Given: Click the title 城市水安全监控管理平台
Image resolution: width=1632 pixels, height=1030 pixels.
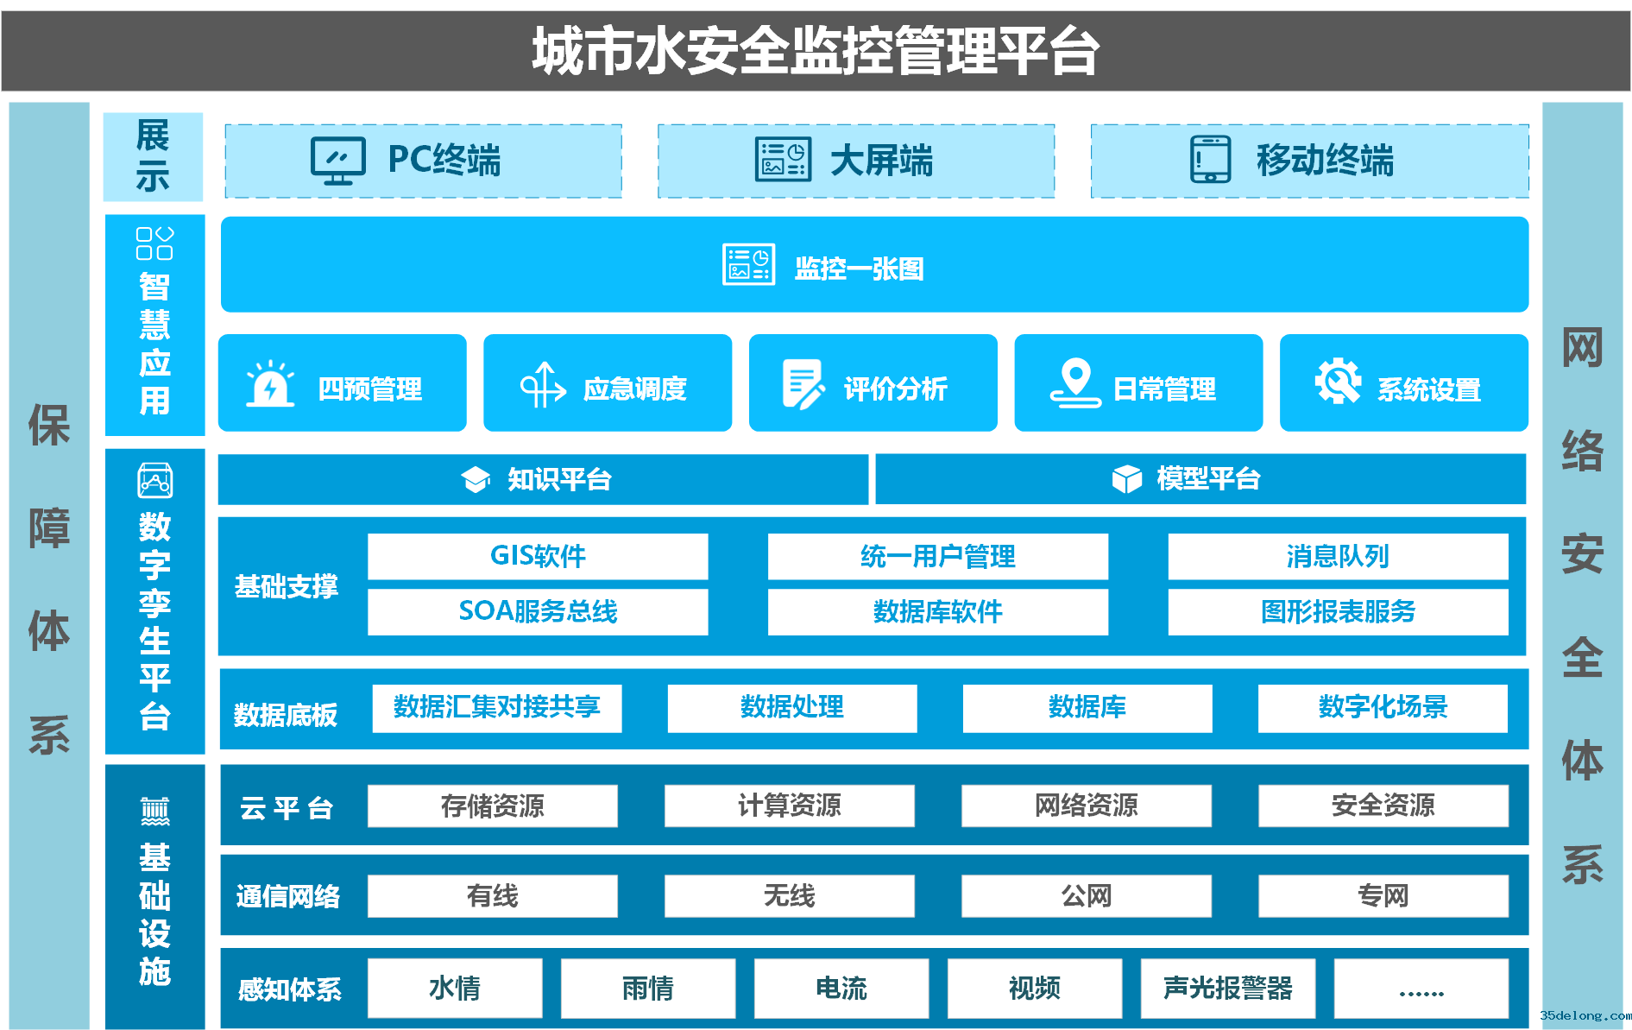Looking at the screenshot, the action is coord(816,50).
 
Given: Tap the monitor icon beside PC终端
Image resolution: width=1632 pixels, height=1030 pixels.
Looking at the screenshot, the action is coord(337,161).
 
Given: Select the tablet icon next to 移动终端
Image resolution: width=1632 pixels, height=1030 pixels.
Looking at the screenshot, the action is coord(1211,160).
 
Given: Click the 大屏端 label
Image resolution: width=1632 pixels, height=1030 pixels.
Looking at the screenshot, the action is coord(881,161).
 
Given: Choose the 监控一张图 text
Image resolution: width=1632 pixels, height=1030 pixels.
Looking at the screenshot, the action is coord(859,269).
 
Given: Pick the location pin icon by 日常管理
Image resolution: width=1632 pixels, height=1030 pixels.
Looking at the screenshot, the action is coord(1075,382).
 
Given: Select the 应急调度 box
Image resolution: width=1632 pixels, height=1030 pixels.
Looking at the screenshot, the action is coord(608,382).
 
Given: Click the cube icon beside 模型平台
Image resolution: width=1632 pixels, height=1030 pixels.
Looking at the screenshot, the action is coord(1127,478).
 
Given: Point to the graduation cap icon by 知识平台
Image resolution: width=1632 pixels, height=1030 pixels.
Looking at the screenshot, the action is coord(476,479).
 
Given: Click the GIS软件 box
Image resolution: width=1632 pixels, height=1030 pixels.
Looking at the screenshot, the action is coord(538,556).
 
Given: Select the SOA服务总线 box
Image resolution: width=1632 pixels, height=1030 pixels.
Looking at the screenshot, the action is coord(538,611).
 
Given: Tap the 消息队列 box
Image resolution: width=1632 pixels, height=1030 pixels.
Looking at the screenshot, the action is coord(1338,556).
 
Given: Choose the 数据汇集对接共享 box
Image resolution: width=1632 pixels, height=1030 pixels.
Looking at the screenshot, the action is coord(497,708).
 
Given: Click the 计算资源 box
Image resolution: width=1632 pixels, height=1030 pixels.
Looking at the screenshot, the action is coord(789,806).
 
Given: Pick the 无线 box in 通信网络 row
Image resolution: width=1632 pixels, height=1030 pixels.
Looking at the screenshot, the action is coord(789,896).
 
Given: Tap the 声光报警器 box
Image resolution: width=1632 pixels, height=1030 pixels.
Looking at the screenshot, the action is coord(1228,988).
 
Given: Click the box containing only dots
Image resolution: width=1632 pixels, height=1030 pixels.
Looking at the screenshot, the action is coord(1421,988).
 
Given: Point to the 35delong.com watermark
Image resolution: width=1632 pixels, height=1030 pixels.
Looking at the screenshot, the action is coord(1585,1015).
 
